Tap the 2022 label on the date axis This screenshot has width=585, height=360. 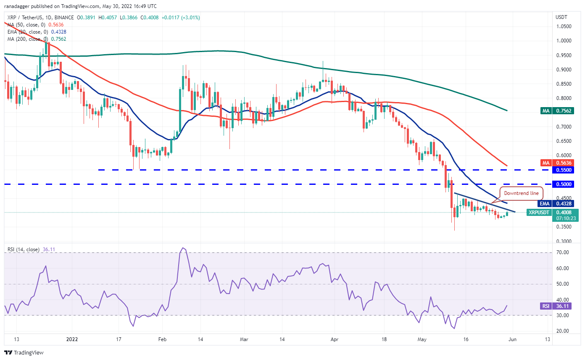tap(73, 339)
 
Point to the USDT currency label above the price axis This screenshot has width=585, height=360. tap(561, 17)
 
